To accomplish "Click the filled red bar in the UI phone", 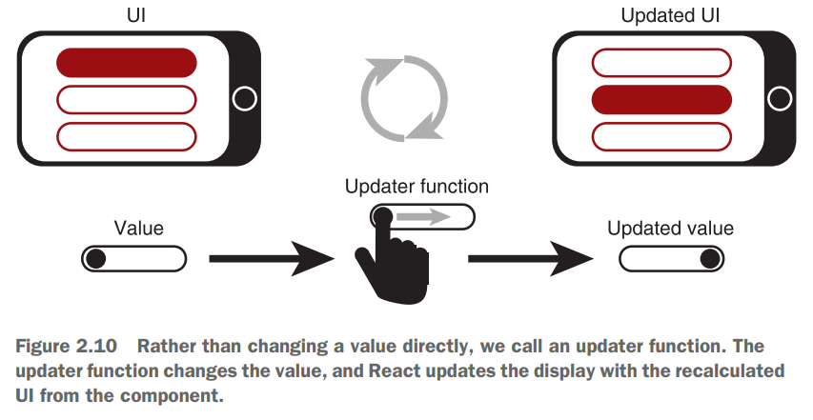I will point(127,63).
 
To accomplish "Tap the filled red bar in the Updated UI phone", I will point(661,98).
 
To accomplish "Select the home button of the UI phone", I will point(245,98).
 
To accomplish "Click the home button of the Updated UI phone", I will point(779,98).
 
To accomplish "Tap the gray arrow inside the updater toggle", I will point(423,217).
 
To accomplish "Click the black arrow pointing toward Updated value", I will point(530,257).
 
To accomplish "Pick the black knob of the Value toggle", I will point(94,258).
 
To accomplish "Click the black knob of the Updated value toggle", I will point(709,258).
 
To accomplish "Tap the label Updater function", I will point(417,187).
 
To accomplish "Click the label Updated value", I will point(671,229).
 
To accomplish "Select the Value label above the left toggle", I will point(139,229).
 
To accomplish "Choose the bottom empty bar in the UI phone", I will point(127,134).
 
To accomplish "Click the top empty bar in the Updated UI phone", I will point(661,63).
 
